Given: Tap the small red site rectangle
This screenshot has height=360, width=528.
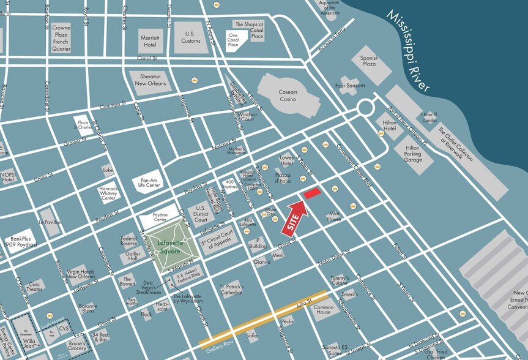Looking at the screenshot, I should pyautogui.click(x=311, y=193).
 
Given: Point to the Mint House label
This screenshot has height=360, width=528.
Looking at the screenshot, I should pyautogui.click(x=334, y=216).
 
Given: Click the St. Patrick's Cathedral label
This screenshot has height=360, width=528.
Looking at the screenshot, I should pyautogui.click(x=231, y=290).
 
